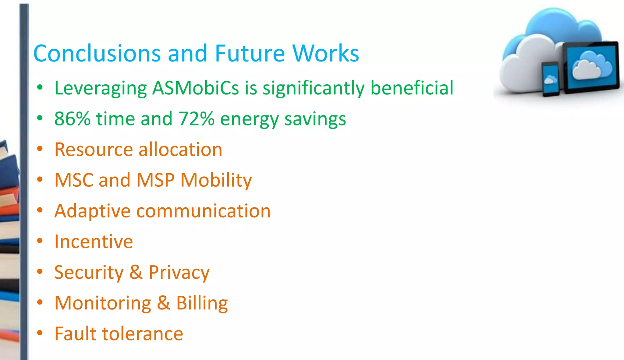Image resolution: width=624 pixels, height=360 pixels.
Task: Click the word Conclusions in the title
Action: (97, 53)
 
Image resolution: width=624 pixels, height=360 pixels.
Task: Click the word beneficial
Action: (412, 88)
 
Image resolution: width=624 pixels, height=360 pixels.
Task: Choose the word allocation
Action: (180, 150)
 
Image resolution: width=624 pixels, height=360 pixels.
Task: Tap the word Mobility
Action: (216, 180)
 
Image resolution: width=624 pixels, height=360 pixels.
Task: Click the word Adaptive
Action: (92, 211)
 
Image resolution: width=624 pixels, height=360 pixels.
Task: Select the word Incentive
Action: (94, 242)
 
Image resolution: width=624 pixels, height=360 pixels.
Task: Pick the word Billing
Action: (202, 303)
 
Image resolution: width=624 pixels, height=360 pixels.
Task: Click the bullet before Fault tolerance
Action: (40, 333)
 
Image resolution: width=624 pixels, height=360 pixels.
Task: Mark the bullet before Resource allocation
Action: (40, 149)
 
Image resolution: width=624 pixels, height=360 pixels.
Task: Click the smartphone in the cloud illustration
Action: (550, 79)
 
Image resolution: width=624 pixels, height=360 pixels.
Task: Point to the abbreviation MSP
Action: (155, 180)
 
